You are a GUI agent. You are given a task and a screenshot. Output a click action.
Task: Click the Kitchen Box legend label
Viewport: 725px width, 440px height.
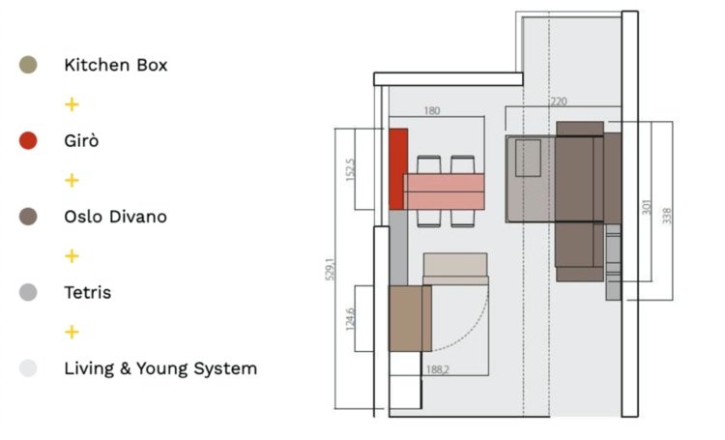click(115, 66)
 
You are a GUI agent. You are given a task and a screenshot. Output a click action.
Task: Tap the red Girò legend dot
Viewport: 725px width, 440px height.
click(28, 141)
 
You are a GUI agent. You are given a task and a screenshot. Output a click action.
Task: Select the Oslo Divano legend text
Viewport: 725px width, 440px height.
click(115, 217)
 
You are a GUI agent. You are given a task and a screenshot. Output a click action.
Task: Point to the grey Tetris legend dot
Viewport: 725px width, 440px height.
click(28, 292)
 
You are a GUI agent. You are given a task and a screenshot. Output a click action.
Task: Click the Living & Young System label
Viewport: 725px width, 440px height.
click(160, 368)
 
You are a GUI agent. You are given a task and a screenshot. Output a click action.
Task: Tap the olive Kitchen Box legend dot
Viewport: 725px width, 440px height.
click(28, 66)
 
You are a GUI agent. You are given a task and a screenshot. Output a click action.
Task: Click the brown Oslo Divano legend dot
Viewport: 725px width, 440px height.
click(28, 217)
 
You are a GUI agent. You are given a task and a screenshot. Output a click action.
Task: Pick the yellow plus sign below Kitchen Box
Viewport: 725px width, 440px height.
click(71, 103)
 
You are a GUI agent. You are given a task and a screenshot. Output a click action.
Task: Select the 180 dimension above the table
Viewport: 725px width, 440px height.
click(432, 111)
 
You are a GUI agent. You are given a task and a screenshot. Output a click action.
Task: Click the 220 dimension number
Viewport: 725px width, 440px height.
click(559, 101)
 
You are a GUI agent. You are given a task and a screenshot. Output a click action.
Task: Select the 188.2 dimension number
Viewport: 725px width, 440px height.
click(439, 369)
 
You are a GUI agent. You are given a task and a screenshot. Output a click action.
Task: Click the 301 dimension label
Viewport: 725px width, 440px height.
click(647, 207)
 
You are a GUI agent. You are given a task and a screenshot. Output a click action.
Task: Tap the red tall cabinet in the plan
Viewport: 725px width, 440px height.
click(396, 167)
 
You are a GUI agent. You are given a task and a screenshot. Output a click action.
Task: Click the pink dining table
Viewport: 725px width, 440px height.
click(444, 191)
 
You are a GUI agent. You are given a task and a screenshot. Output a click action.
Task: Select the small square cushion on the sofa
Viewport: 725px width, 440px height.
click(528, 158)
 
